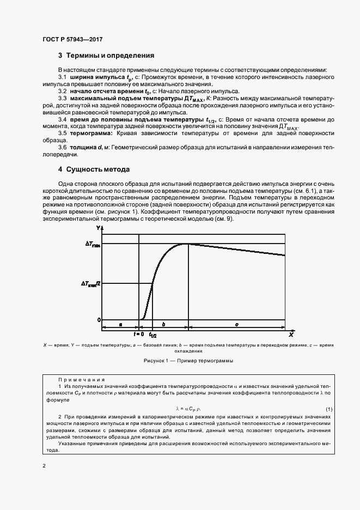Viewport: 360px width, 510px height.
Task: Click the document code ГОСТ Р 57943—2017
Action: click(72, 39)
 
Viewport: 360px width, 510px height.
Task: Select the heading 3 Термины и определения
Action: click(106, 56)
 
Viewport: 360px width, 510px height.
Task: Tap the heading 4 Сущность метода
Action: click(94, 169)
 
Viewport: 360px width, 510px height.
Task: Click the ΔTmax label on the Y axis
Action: click(93, 245)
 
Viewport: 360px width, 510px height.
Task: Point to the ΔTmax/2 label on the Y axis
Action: click(91, 284)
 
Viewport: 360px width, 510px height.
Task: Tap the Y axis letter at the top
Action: click(99, 227)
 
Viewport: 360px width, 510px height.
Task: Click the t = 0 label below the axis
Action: click(138, 333)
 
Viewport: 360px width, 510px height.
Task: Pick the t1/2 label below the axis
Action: click(152, 335)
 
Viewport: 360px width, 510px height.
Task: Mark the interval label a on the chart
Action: click(120, 325)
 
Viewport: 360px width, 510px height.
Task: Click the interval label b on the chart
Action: click(164, 325)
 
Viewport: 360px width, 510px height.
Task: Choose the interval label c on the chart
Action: click(236, 325)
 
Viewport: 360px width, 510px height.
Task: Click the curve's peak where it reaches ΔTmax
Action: click(188, 244)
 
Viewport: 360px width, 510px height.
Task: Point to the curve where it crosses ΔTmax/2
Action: click(152, 283)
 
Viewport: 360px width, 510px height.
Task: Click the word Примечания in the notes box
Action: click(81, 380)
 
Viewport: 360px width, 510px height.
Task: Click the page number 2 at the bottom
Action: click(44, 465)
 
